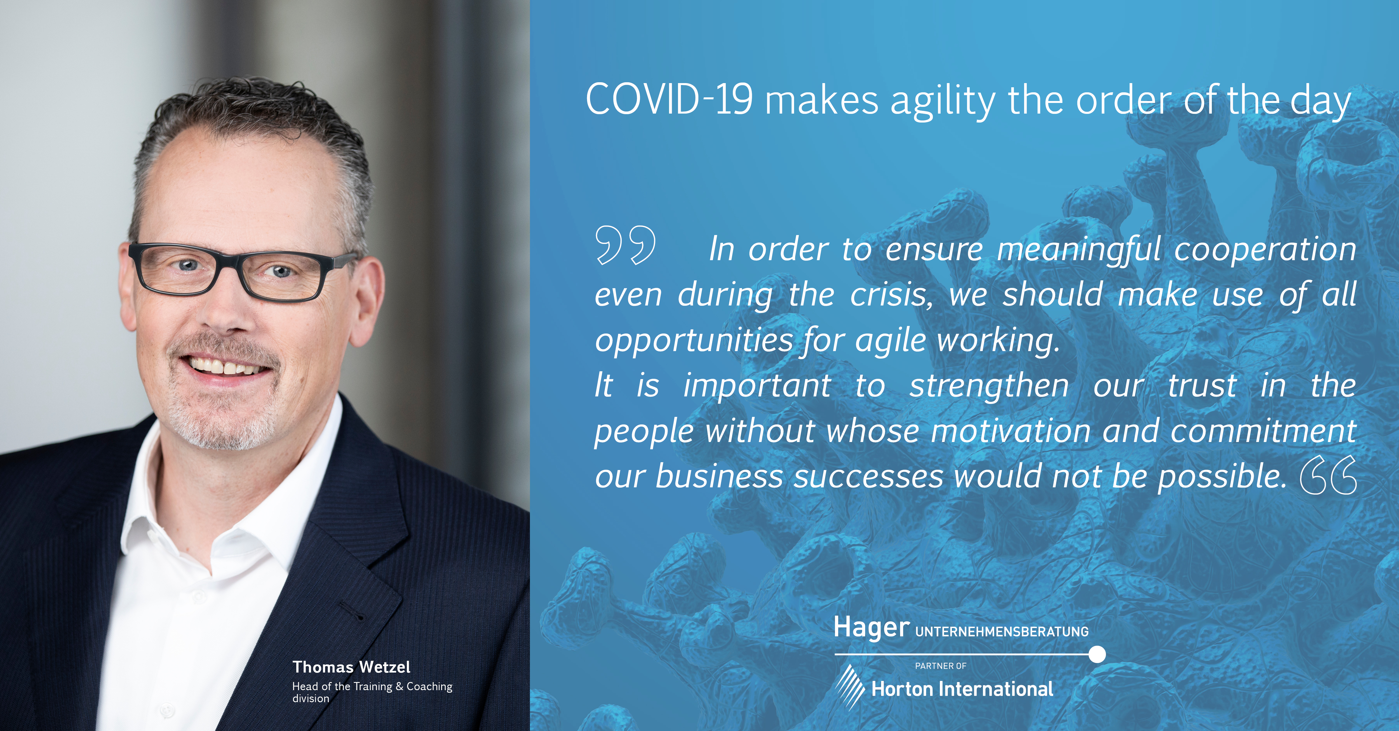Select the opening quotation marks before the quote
coord(626,245)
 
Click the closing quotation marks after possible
coord(1328,475)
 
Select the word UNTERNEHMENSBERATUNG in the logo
coord(1002,632)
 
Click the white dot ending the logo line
coord(1097,654)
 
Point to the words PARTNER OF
coord(941,666)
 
